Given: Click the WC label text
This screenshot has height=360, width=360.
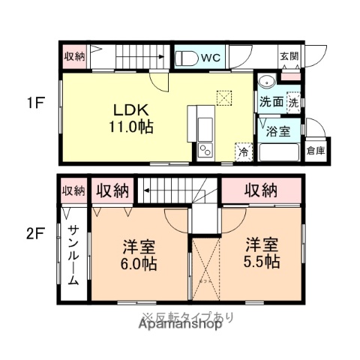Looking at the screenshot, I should coord(210,56).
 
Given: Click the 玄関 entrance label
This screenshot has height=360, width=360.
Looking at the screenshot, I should coord(289,56).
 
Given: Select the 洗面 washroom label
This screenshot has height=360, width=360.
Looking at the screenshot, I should coord(271,101).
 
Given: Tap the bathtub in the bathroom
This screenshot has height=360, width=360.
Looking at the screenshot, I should coord(278,153).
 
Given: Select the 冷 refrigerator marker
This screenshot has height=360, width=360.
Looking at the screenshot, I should coord(243,151).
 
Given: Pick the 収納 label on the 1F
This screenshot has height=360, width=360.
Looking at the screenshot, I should coord(74,56).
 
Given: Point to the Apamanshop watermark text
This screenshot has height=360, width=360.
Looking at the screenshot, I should coord(180,326).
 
